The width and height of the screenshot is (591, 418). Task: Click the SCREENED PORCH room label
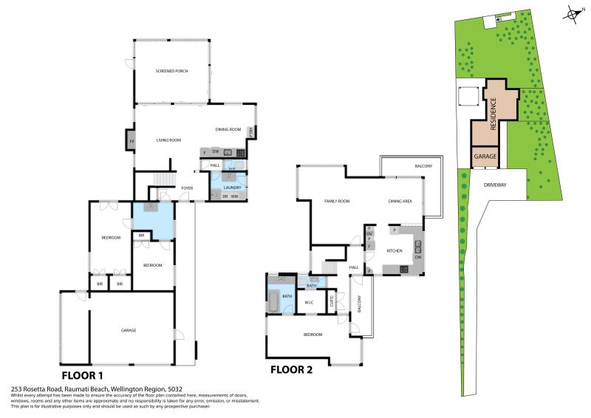[171, 71]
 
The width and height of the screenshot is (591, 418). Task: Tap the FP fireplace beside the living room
[131, 140]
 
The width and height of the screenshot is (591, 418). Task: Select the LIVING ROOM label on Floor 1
[168, 140]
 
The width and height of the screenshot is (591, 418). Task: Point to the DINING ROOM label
[228, 130]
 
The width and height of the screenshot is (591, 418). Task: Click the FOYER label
[188, 188]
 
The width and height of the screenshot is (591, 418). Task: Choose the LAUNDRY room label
[232, 188]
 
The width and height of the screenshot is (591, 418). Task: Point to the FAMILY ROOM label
[336, 201]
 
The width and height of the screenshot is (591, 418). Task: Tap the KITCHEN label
[394, 251]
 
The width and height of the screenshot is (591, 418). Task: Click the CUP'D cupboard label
[332, 301]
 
